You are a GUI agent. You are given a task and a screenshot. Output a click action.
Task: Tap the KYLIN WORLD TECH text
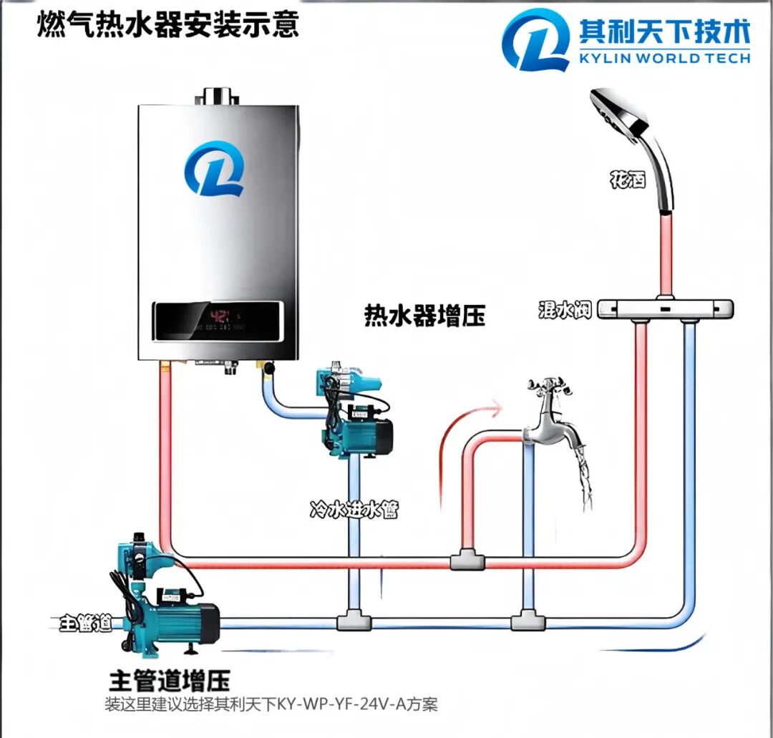tap(665, 57)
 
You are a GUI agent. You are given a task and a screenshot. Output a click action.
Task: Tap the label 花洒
tap(628, 178)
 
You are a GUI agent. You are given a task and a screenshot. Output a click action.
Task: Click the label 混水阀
tap(565, 310)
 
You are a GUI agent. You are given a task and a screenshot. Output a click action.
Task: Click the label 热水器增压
tap(425, 315)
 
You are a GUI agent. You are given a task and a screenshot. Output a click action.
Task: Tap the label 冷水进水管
tap(354, 510)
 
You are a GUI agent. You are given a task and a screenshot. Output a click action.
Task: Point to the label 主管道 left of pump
tap(85, 622)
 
